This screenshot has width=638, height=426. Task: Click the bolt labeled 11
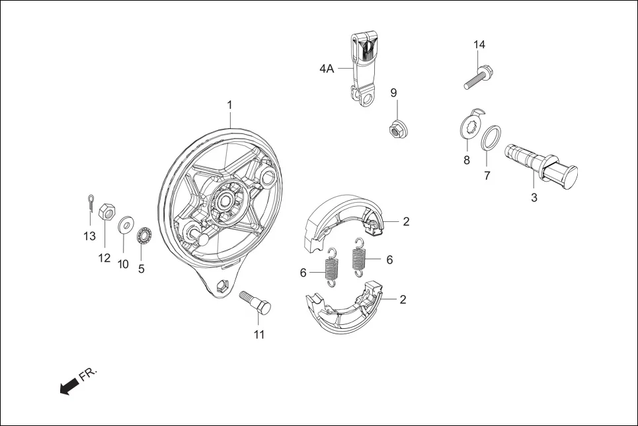point(256,304)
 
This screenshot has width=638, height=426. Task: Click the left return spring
point(332,267)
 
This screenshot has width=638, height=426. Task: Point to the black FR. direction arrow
point(67,388)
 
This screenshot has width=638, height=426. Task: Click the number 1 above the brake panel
point(229,105)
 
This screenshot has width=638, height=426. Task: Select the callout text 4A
point(327,69)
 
